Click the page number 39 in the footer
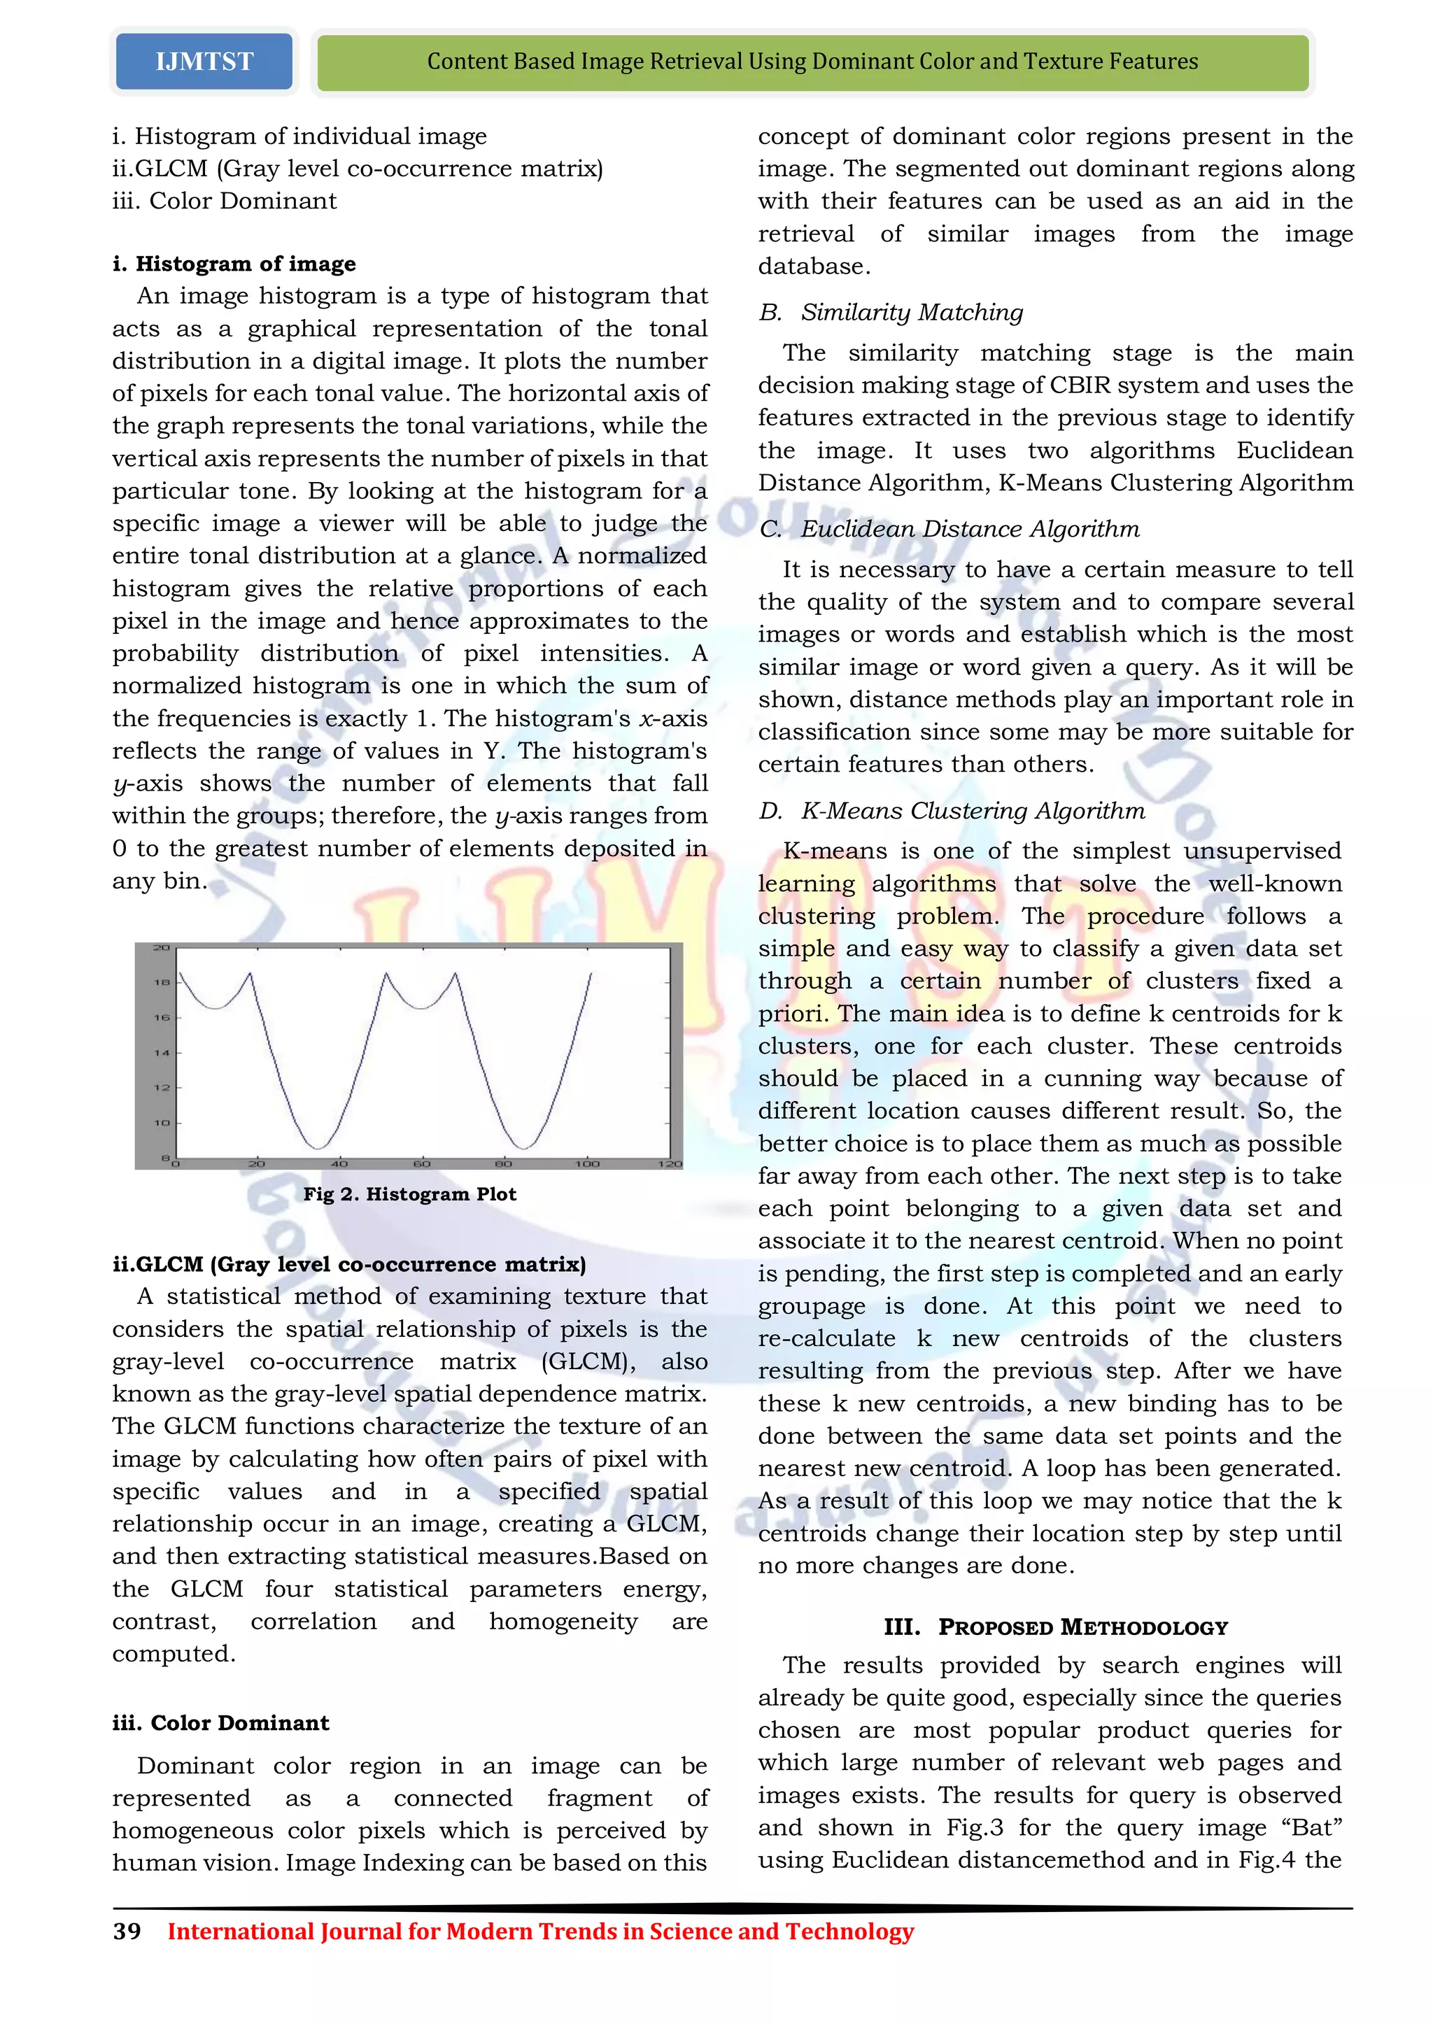(127, 1932)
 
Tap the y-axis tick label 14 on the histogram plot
(162, 1053)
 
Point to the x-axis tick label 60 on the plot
(422, 1164)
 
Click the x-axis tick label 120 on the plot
(670, 1164)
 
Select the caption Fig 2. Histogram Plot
(409, 1194)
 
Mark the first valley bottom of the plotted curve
(317, 1147)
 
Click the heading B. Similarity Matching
(891, 313)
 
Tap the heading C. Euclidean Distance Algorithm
(950, 530)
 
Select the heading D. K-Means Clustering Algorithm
(952, 811)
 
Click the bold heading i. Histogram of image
(234, 264)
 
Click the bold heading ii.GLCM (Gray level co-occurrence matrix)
(348, 1263)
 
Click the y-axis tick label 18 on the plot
(162, 982)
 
